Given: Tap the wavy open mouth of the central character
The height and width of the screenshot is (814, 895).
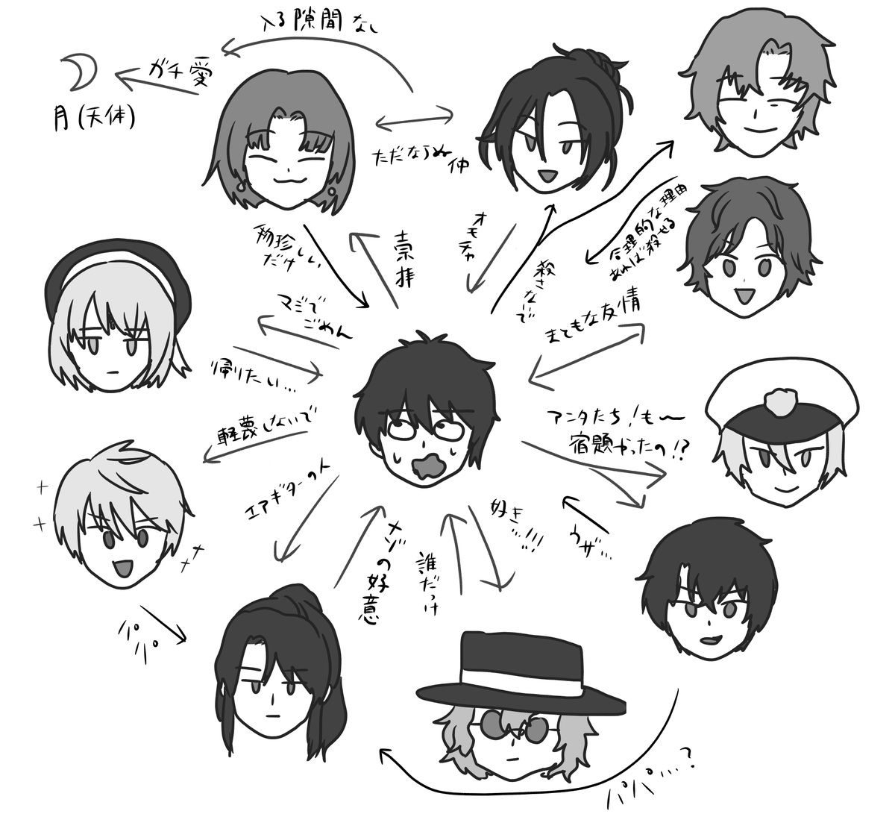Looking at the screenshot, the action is pyautogui.click(x=429, y=467).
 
